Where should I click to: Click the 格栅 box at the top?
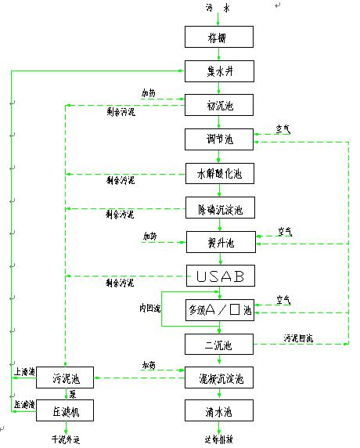(220, 38)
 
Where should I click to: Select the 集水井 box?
(220, 71)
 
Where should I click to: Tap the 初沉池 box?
(220, 105)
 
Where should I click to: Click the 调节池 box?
(220, 139)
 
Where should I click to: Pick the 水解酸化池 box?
(220, 174)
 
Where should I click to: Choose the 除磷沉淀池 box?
(220, 209)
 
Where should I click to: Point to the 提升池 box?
(220, 243)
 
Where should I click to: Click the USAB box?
(220, 276)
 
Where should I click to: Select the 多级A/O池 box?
(220, 310)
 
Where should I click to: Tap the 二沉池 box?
(220, 344)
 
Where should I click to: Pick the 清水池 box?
(220, 410)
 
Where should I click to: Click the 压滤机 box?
(65, 410)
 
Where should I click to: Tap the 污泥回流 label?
(297, 338)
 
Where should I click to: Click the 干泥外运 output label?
(66, 439)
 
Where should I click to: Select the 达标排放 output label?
(219, 439)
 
